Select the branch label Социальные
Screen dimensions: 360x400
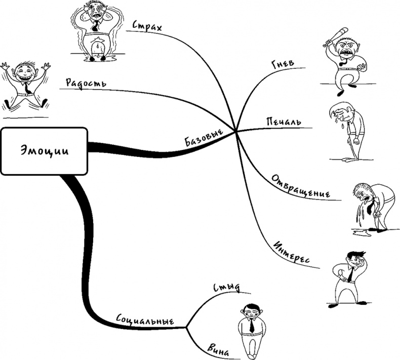145,321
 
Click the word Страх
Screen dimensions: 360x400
147,26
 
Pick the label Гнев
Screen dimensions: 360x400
283,68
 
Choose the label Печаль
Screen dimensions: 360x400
284,122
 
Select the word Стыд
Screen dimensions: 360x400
227,289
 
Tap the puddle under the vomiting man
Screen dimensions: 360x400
364,233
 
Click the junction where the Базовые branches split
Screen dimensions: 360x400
236,131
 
